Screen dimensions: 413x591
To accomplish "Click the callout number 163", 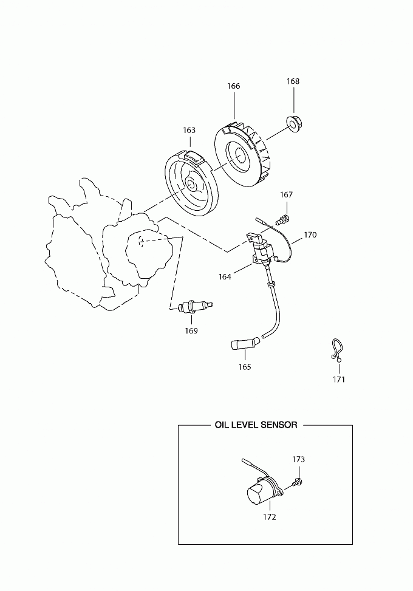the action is point(189,130).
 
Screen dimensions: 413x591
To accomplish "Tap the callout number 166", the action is point(234,86).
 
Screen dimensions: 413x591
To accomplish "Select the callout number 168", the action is point(293,81).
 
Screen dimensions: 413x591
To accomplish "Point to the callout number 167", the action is point(287,194).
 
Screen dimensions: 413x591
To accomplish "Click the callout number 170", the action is point(310,234).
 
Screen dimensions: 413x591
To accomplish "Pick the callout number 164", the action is point(225,276).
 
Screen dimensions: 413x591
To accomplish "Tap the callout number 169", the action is point(191,330).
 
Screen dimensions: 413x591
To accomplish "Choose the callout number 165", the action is point(245,367).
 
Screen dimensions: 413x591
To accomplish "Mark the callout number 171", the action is point(339,380).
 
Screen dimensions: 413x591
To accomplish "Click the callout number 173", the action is point(298,459).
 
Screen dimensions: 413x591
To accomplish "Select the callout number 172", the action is point(270,517).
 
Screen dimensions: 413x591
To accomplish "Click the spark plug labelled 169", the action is point(195,306).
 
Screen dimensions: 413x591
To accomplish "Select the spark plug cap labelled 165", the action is point(245,344).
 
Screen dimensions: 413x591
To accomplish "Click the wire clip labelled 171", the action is point(336,349).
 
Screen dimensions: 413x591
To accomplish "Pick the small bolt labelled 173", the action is point(298,482).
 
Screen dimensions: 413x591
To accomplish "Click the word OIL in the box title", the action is point(222,425).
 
